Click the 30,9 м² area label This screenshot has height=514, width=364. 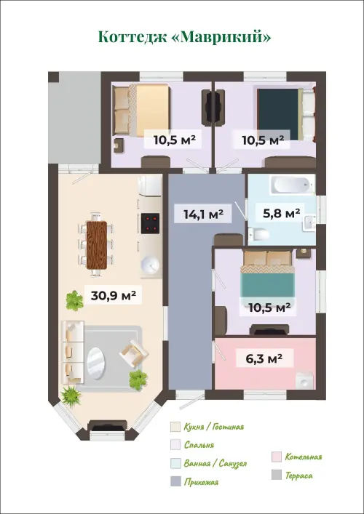click(114, 296)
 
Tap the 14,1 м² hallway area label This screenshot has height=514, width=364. click(204, 214)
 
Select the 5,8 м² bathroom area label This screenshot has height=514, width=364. click(281, 214)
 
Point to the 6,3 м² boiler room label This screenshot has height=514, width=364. click(264, 358)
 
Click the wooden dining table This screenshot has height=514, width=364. click(97, 245)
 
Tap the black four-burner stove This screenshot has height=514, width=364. click(150, 223)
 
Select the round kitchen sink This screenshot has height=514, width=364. click(151, 264)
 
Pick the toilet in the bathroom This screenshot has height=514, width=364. click(258, 234)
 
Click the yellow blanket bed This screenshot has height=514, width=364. click(142, 111)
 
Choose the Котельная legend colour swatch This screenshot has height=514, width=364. click(277, 457)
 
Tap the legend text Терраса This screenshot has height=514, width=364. click(299, 475)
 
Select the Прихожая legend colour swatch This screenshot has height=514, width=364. click(175, 481)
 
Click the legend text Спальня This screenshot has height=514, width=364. click(199, 445)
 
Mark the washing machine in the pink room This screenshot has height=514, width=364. click(304, 380)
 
